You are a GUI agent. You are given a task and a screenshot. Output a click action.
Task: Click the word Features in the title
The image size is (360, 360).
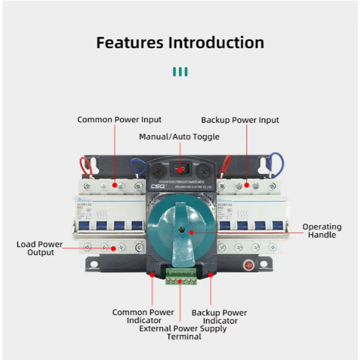[130, 42]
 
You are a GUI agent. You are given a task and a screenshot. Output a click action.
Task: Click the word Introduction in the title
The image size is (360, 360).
[216, 42]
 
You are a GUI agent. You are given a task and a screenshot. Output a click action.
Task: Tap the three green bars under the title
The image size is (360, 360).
[180, 72]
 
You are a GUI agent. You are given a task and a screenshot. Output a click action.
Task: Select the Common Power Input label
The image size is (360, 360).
[120, 120]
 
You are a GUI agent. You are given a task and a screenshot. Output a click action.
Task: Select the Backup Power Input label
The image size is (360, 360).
[240, 120]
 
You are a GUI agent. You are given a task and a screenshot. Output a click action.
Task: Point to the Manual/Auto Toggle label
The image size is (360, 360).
[179, 137]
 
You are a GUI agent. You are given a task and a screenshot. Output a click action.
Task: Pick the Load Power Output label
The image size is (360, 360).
[40, 248]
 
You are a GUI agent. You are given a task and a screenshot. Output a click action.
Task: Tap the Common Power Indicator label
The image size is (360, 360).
[143, 316]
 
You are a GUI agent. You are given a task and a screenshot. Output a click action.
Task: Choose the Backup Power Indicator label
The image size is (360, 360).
[219, 317]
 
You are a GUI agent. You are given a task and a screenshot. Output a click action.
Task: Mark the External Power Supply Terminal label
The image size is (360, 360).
[183, 333]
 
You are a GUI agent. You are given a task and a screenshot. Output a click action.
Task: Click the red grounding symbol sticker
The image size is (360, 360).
[247, 265]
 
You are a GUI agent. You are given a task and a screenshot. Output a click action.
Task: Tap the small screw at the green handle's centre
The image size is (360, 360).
[181, 230]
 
